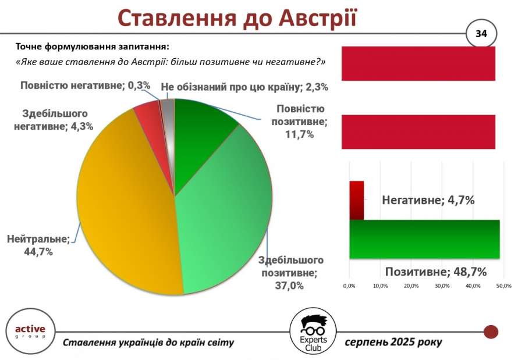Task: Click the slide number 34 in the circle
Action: pos(481,34)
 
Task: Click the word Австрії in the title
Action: pos(318,18)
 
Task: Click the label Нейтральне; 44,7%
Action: pos(38,245)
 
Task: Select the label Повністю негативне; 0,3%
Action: pos(85,85)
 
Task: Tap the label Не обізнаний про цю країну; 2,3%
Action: pos(244,87)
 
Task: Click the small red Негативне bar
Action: pos(356,200)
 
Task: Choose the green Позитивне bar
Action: pos(424,239)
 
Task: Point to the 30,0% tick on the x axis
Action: pos(442,286)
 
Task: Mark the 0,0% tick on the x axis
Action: pos(349,286)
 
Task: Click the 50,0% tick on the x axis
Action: pos(504,286)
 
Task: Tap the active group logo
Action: pos(30,332)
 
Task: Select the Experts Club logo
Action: pos(313,332)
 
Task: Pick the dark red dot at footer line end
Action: pos(491,332)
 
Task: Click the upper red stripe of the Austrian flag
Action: pos(418,64)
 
